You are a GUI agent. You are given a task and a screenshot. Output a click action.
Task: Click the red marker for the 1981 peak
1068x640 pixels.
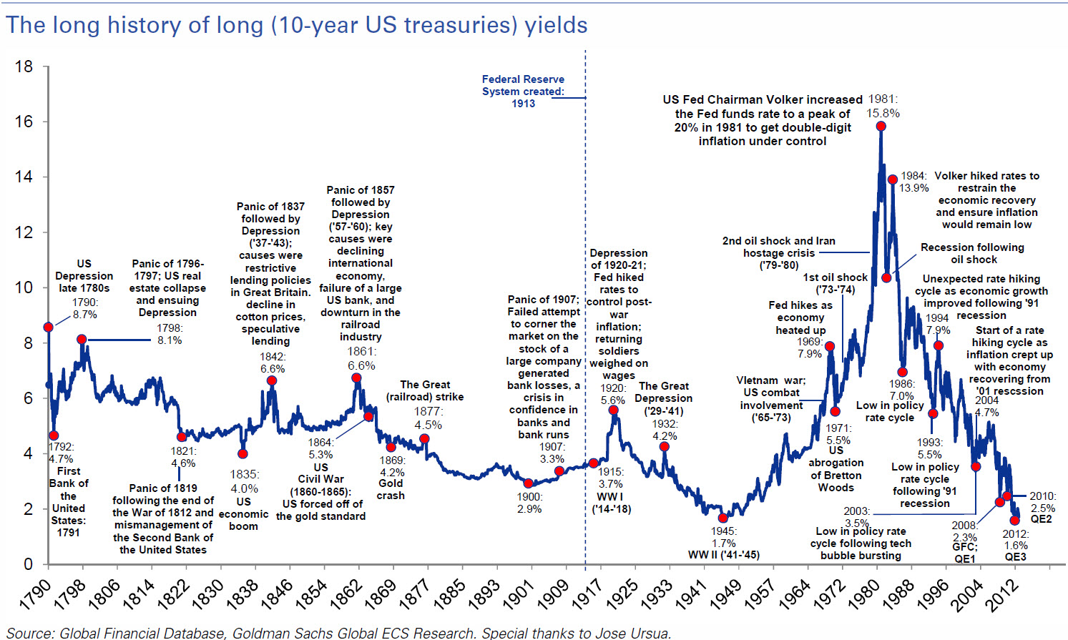point(881,126)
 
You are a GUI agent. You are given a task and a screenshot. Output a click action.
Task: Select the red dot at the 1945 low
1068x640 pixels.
point(723,518)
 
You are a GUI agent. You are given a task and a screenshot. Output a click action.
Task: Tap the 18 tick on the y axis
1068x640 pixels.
point(24,67)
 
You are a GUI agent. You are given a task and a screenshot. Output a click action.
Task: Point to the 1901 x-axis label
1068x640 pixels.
point(519,594)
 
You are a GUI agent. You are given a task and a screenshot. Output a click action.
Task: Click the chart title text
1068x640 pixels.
point(297,25)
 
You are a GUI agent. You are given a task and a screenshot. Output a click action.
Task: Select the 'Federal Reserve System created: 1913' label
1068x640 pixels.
point(523,92)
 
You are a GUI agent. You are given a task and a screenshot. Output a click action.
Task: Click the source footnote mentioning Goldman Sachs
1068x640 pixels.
point(339,633)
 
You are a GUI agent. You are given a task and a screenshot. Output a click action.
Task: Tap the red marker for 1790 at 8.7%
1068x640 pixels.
point(48,327)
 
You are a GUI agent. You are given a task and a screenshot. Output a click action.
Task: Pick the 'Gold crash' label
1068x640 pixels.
point(391,489)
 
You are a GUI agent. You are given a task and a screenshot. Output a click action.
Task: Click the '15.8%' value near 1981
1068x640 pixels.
point(883,113)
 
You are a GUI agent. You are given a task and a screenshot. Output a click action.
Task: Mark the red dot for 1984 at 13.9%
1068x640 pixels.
point(892,179)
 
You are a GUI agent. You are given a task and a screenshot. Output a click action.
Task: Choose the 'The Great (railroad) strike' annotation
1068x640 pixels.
point(425,390)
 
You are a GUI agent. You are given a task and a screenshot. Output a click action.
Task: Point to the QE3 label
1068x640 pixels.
point(1015,557)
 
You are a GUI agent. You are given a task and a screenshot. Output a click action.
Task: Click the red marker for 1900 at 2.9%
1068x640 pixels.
point(528,483)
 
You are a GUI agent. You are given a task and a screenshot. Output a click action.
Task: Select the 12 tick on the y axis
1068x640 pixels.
point(24,232)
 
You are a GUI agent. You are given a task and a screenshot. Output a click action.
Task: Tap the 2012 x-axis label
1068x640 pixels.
point(1001,595)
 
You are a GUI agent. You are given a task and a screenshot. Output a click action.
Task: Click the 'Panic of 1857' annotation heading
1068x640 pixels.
point(360,190)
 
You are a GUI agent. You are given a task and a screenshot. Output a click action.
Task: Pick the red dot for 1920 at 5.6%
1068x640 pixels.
point(613,410)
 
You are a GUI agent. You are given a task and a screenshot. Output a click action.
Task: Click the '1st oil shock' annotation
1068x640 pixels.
point(835,277)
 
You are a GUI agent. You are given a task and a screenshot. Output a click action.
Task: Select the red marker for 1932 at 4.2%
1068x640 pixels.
point(665,447)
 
